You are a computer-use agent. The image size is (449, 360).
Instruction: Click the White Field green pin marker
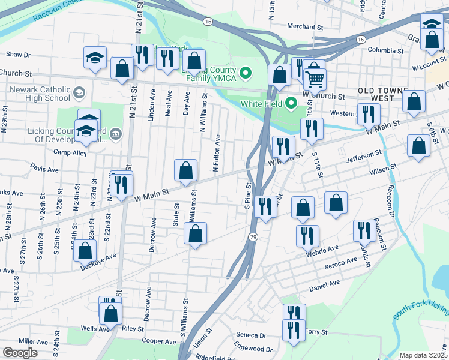tap(292, 103)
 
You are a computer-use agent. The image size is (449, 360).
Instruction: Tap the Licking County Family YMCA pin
tap(245, 74)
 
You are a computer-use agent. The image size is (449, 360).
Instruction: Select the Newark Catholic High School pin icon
tap(79, 93)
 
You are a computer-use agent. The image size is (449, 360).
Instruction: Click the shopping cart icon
tap(315, 79)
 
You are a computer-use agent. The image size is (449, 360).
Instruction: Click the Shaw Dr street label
tap(18, 55)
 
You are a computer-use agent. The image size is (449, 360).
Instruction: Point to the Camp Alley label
tap(70, 152)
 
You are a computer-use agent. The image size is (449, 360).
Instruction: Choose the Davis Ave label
tap(44, 170)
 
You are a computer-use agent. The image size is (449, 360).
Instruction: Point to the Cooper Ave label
tap(159, 341)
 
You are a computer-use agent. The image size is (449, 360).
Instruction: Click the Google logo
tap(20, 353)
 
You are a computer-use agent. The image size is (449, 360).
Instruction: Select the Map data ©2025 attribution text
tap(423, 355)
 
